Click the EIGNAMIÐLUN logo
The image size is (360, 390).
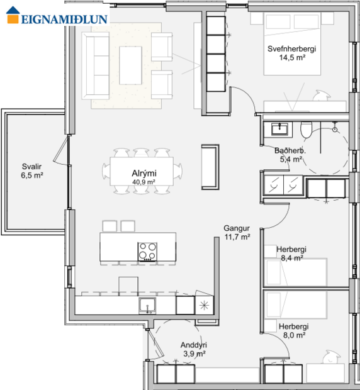[x=57, y=18]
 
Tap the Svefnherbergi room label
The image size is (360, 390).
[x=291, y=48]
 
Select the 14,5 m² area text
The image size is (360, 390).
[x=291, y=57]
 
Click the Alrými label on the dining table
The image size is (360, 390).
[x=143, y=174]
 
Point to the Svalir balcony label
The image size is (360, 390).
[x=32, y=167]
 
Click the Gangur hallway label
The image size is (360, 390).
[x=237, y=228]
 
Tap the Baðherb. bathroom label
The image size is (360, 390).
[x=290, y=151]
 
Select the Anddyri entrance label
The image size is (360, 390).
[x=194, y=345]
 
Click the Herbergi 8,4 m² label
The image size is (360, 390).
[x=291, y=249]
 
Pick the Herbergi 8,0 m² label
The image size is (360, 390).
[x=293, y=327]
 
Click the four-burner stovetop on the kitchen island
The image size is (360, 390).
[x=147, y=250]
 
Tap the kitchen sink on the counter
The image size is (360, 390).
[x=149, y=305]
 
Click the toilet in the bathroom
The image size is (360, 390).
[x=306, y=130]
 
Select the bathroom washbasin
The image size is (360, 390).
[x=279, y=129]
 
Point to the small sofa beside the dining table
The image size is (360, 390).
[x=210, y=167]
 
